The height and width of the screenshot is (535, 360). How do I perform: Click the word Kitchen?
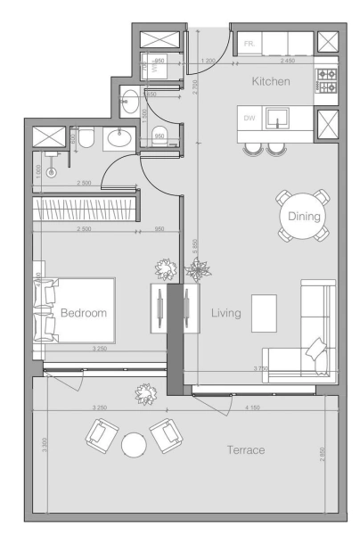click(271, 81)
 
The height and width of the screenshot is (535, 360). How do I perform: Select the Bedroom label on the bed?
click(84, 313)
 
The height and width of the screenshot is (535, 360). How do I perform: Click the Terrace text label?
click(245, 450)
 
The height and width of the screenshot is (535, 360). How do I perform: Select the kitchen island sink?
click(278, 119)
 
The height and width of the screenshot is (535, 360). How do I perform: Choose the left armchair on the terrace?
click(100, 434)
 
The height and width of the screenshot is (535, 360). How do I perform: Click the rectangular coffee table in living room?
click(265, 312)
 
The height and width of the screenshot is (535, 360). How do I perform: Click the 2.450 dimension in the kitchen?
click(288, 61)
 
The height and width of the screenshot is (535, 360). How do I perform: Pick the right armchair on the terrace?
click(166, 435)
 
